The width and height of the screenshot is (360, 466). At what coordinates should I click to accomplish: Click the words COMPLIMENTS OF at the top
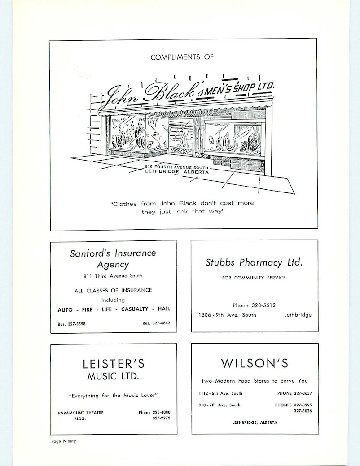pyautogui.click(x=182, y=57)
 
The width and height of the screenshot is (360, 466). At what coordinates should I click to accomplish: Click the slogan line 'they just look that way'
pyautogui.click(x=183, y=212)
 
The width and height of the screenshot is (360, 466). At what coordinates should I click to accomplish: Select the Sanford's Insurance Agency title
pyautogui.click(x=113, y=258)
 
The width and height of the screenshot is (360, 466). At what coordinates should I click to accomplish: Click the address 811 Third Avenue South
pyautogui.click(x=113, y=276)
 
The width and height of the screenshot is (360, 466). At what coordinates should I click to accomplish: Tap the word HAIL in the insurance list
pyautogui.click(x=164, y=309)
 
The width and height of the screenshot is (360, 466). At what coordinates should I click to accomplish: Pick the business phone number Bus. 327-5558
pyautogui.click(x=72, y=324)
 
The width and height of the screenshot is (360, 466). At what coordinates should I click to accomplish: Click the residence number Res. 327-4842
pyautogui.click(x=156, y=323)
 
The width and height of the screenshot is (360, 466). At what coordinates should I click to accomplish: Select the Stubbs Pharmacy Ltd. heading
pyautogui.click(x=254, y=262)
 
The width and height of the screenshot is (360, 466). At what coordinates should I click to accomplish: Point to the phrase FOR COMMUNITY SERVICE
pyautogui.click(x=254, y=278)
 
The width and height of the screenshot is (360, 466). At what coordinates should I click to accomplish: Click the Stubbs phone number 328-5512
pyautogui.click(x=263, y=305)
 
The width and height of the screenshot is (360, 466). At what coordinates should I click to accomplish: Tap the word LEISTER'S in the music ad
pyautogui.click(x=114, y=364)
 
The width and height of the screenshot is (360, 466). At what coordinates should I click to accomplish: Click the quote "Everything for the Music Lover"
pyautogui.click(x=113, y=396)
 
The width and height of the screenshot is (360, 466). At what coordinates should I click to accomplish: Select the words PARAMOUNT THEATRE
pyautogui.click(x=81, y=413)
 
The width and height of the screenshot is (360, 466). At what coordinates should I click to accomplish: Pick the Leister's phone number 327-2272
pyautogui.click(x=161, y=418)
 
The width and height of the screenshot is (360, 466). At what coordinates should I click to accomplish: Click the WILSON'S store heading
pyautogui.click(x=255, y=363)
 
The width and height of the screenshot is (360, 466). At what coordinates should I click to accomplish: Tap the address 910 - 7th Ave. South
pyautogui.click(x=220, y=405)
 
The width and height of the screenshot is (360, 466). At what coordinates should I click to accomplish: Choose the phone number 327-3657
pyautogui.click(x=303, y=393)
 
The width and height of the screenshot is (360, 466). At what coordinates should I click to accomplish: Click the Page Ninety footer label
pyautogui.click(x=63, y=441)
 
